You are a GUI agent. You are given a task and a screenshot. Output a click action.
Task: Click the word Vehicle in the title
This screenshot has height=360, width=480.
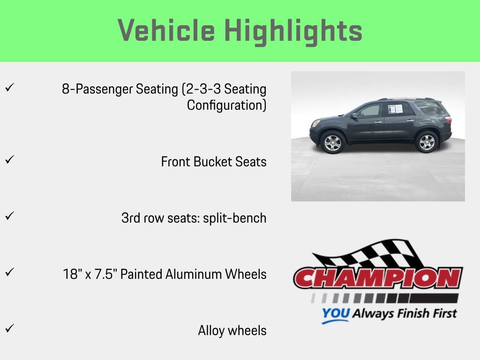pos(166,31)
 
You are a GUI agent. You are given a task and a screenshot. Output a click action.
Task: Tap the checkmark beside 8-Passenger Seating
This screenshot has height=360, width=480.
pos(9,88)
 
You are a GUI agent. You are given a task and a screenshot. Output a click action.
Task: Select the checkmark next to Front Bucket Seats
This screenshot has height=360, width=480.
pos(9,160)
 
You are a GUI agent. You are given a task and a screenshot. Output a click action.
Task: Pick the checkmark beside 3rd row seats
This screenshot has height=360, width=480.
pos(9,216)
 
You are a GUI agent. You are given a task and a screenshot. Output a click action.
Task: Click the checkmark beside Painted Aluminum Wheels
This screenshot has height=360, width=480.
pos(9,272)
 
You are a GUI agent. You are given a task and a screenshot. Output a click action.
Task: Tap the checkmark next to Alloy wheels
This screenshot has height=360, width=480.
pos(9,329)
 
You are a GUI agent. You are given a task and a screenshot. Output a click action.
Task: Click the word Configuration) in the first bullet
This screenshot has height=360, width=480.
pos(226,105)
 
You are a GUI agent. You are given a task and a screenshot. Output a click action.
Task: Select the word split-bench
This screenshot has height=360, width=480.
pos(234,218)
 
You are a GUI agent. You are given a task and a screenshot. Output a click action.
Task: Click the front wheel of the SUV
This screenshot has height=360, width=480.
pos(332,142)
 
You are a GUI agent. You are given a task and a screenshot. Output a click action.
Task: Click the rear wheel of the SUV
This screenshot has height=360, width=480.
pos(427,142)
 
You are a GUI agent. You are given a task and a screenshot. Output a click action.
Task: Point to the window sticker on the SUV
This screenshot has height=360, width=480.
pos(395,109)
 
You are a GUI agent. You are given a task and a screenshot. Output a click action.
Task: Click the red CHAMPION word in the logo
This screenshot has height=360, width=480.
pos(378,278)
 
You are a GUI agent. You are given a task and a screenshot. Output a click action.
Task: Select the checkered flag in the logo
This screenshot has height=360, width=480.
pos(370,255)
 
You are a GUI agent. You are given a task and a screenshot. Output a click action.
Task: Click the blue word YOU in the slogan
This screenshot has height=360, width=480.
pos(335,314)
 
